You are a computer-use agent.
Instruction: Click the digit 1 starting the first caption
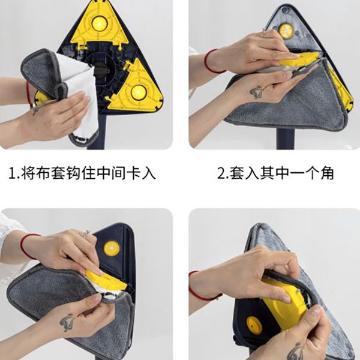(x=12, y=173)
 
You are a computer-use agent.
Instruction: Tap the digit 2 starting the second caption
(x=221, y=173)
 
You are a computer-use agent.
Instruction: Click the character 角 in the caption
(x=327, y=173)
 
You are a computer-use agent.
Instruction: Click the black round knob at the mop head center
(x=101, y=70)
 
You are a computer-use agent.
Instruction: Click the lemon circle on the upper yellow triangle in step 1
(x=100, y=23)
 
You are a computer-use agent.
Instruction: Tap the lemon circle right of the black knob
(x=139, y=92)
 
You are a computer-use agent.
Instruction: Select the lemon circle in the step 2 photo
(x=286, y=31)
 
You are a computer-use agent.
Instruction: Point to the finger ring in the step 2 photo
(x=264, y=33)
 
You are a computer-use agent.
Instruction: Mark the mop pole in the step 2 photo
(x=286, y=139)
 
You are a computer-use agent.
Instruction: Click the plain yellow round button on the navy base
(x=254, y=325)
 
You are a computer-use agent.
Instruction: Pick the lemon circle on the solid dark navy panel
(x=112, y=248)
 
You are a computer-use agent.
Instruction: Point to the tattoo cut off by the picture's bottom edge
(x=296, y=352)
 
